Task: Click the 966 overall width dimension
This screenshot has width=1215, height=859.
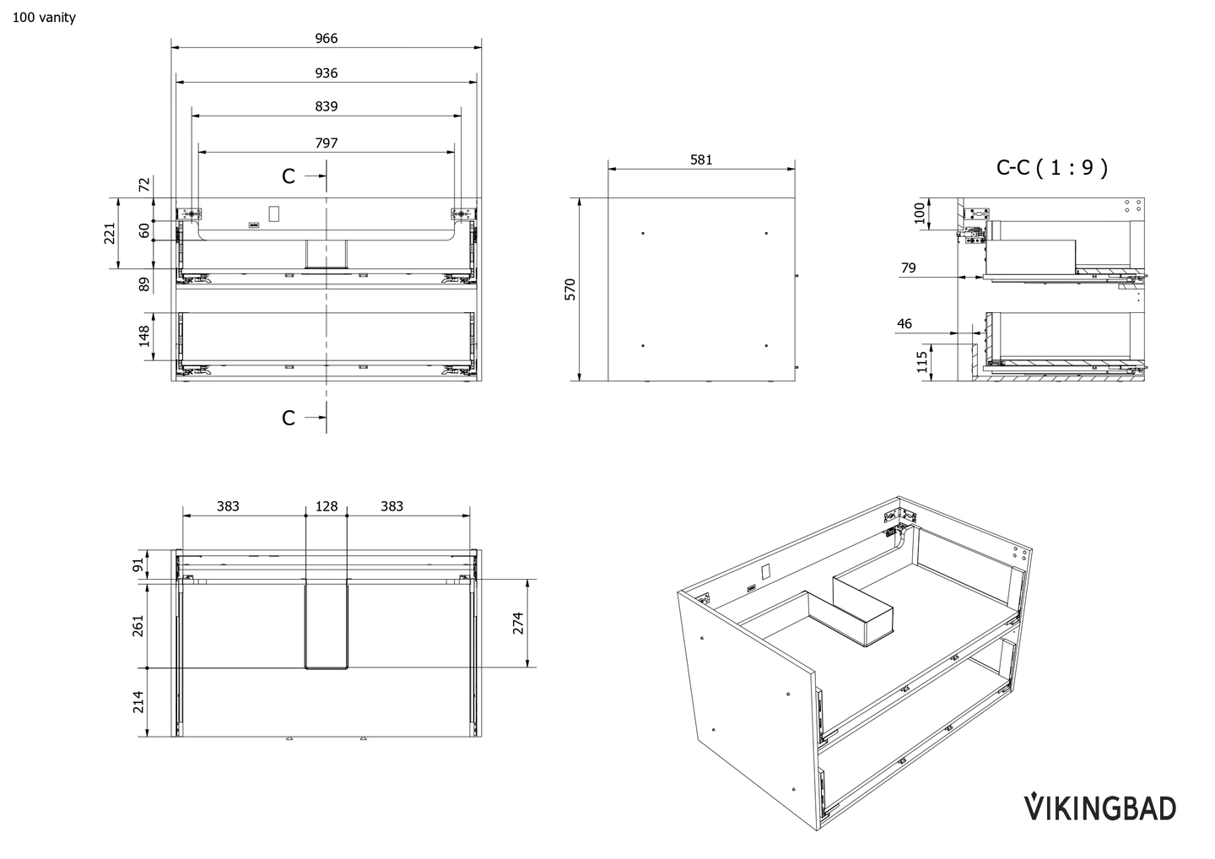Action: (327, 38)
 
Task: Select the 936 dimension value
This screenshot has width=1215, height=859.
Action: (327, 73)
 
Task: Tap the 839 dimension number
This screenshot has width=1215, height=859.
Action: (327, 106)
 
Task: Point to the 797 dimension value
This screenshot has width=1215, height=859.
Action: (327, 143)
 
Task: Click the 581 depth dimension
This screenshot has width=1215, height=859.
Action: (701, 159)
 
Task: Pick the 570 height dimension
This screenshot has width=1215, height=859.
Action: (570, 289)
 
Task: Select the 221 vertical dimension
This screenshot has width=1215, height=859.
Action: (110, 233)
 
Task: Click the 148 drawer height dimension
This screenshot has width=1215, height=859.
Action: (144, 336)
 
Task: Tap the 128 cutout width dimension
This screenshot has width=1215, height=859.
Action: (327, 506)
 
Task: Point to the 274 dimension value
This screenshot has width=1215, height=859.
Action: (518, 623)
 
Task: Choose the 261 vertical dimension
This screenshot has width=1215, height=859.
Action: (138, 625)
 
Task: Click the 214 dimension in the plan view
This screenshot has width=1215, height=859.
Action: (138, 702)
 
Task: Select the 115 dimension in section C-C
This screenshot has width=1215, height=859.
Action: (922, 361)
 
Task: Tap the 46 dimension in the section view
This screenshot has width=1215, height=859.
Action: (904, 324)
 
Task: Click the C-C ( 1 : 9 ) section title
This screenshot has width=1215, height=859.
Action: (1051, 167)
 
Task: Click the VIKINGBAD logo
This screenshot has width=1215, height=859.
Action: (1099, 808)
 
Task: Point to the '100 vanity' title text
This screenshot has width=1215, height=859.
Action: (44, 17)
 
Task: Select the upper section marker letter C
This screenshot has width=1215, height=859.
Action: (289, 176)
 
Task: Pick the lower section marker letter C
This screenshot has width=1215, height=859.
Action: (289, 418)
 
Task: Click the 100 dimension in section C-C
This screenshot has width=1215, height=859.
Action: (921, 213)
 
